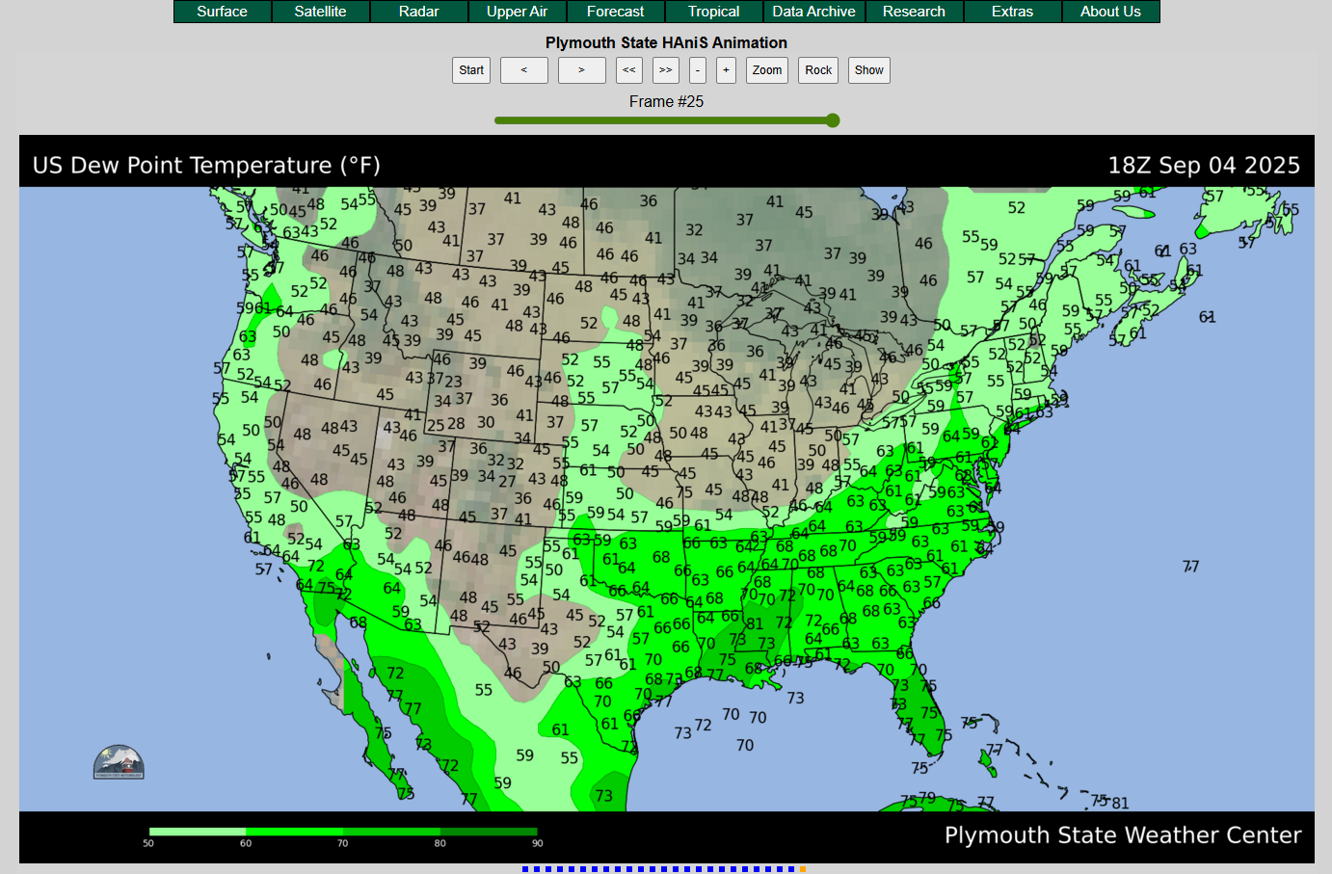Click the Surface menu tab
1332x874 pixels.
[222, 12]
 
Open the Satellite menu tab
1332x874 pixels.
[320, 12]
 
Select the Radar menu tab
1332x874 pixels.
[418, 12]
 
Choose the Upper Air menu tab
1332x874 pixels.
[517, 12]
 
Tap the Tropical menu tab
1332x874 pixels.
[713, 12]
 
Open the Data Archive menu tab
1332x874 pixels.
[813, 12]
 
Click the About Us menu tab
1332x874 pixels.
[1110, 12]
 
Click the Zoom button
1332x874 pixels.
[767, 70]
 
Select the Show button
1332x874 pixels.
[868, 70]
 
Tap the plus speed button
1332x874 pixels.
[727, 70]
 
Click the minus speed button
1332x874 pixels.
[698, 70]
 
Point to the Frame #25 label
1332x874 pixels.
[666, 101]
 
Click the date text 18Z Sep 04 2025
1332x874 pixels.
[1204, 166]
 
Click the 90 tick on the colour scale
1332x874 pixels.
[537, 843]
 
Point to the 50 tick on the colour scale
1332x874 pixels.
[148, 843]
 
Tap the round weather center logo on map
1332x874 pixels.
[119, 762]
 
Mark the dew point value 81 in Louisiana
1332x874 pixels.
[755, 624]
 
